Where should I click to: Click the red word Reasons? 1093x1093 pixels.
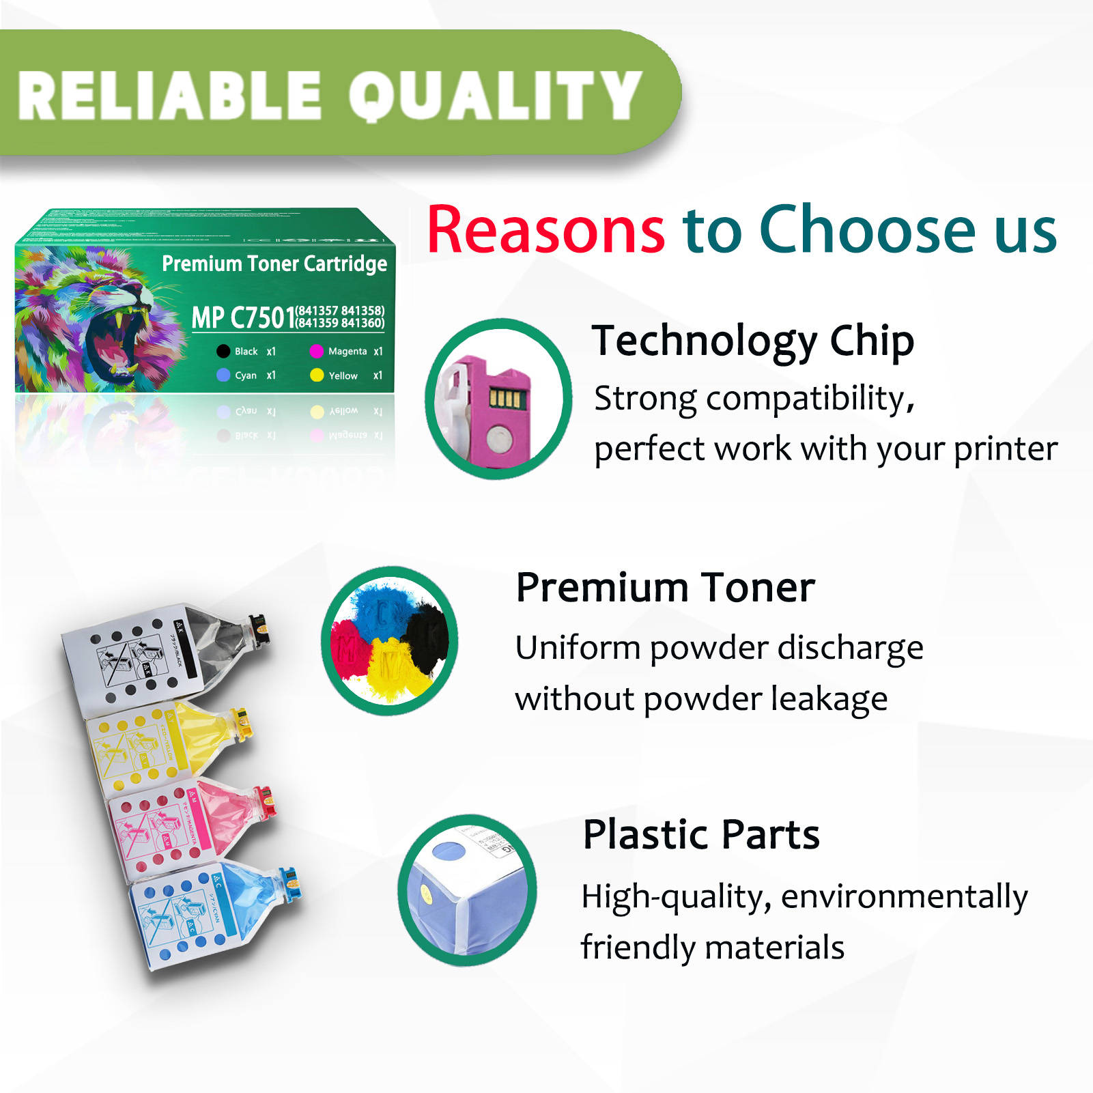click(x=545, y=230)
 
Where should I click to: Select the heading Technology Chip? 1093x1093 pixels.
click(x=752, y=341)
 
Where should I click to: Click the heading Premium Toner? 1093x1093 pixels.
click(x=665, y=587)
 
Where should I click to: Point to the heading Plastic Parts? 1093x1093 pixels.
click(x=701, y=834)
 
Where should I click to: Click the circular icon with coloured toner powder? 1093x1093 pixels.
click(x=390, y=640)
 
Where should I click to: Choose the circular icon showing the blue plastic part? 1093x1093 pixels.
click(x=468, y=890)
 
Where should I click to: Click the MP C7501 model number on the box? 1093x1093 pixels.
click(x=243, y=317)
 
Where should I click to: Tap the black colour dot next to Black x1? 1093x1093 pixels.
click(x=223, y=352)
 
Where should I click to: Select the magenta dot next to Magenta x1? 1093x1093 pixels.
click(x=316, y=352)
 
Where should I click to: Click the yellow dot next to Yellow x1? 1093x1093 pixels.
click(x=317, y=375)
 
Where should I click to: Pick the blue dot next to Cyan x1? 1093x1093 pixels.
click(x=223, y=375)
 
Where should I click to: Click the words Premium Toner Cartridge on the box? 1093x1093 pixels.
click(x=274, y=264)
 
